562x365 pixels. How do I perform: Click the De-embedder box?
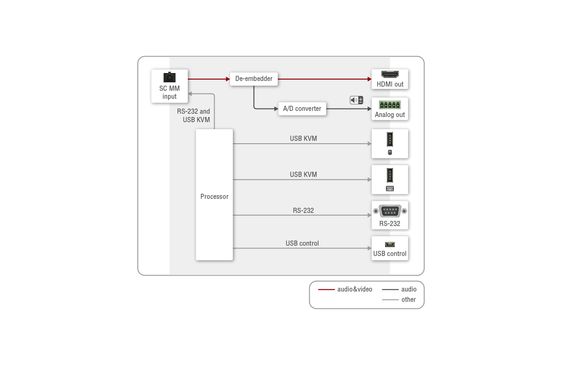254,79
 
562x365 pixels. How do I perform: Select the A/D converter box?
302,109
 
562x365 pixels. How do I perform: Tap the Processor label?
214,196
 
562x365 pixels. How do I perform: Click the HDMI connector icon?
390,74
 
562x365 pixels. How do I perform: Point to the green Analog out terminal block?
390,104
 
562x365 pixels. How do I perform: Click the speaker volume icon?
356,100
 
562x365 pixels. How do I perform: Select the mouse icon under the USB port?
390,152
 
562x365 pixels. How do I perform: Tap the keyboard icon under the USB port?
390,189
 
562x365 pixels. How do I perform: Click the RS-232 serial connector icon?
390,211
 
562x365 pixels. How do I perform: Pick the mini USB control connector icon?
390,244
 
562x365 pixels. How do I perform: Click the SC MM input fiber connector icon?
170,77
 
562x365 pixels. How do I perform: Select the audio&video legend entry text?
355,289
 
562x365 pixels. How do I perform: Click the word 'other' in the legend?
408,299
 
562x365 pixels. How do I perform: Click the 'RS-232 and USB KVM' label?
193,115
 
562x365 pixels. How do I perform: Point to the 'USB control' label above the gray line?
302,243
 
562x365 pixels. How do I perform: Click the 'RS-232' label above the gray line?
303,210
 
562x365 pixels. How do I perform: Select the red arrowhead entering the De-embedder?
228,79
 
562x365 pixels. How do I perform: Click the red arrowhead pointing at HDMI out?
370,79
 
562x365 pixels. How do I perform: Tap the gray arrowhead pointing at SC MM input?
190,94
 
